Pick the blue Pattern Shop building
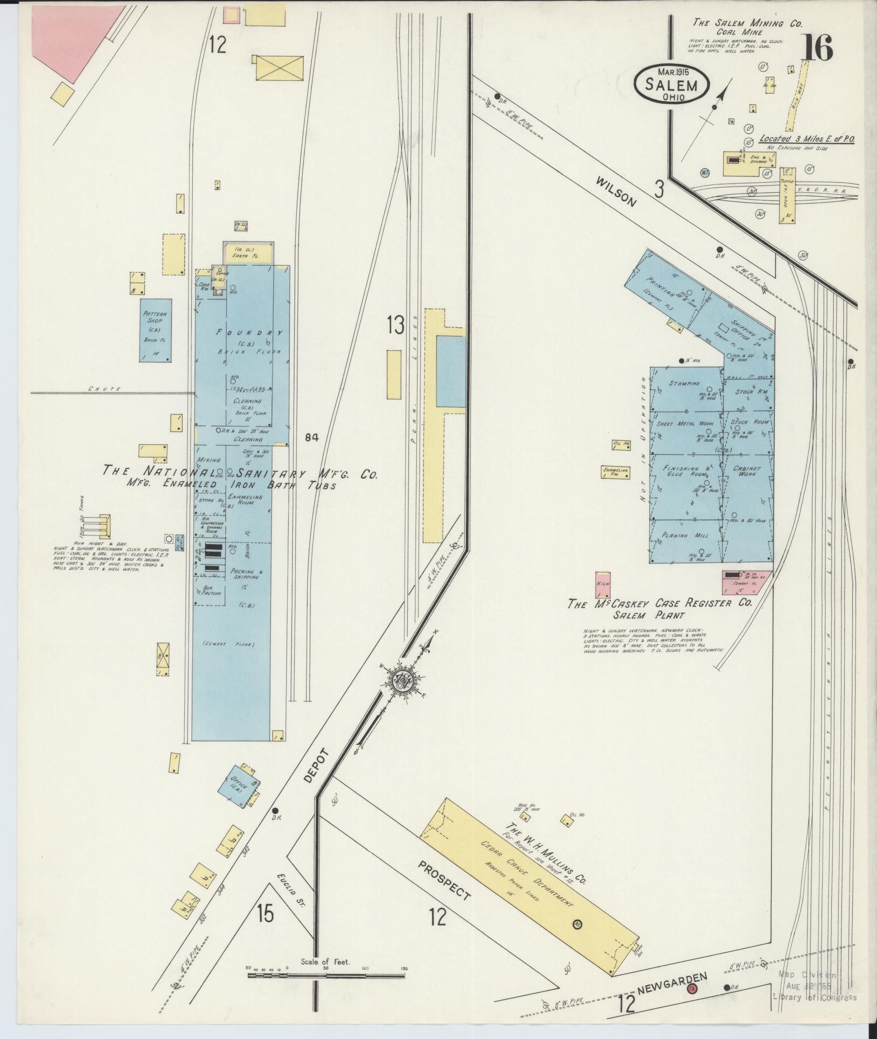click(x=156, y=330)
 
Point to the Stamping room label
click(x=684, y=383)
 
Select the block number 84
click(x=311, y=437)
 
